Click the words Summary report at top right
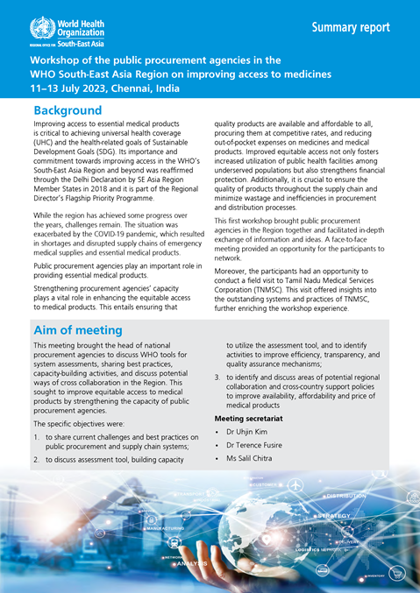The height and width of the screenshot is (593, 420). click(351, 27)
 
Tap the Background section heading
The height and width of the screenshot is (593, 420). click(68, 111)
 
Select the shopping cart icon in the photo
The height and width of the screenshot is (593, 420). click(400, 572)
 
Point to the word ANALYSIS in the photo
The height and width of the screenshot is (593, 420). click(189, 563)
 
